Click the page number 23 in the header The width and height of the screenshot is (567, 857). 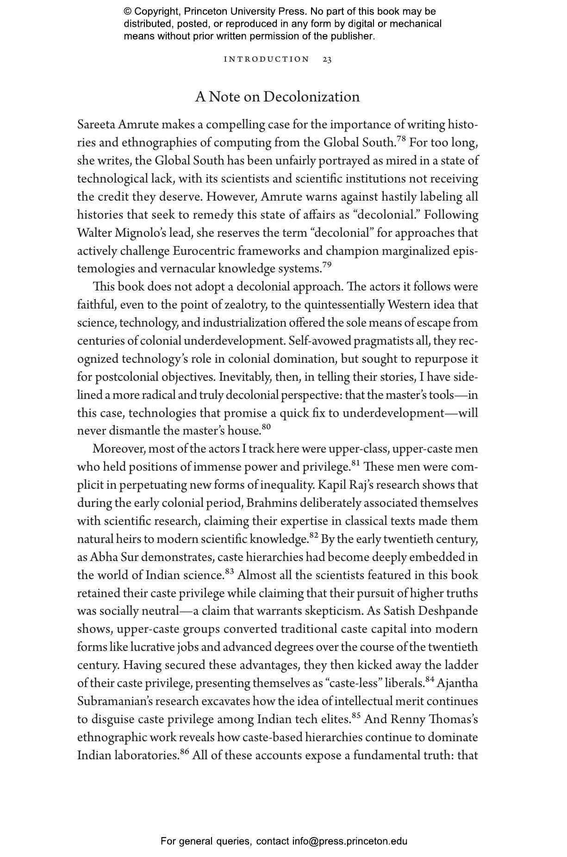tap(327, 59)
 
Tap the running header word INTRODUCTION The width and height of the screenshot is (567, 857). tap(267, 59)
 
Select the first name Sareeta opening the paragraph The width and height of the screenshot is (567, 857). tap(96, 125)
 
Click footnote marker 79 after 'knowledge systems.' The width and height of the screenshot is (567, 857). tap(327, 265)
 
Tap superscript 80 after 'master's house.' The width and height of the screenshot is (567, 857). tap(266, 427)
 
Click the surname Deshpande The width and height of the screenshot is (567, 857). tap(448, 611)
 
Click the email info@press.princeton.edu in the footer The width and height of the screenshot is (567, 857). tap(349, 841)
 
